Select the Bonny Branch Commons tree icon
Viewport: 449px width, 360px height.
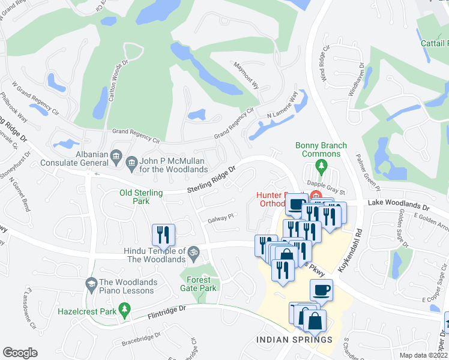(x=321, y=165)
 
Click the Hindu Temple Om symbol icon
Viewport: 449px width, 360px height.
(x=193, y=251)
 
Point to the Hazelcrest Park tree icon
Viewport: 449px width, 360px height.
(x=125, y=311)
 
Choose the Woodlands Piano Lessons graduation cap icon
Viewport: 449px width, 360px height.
(x=91, y=283)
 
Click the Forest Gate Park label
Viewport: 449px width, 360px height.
(x=199, y=284)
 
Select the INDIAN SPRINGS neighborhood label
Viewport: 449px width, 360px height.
(x=294, y=340)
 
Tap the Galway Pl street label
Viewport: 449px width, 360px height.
(x=220, y=218)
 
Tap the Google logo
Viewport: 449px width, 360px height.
(x=20, y=353)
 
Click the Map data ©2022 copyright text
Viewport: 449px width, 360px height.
(x=424, y=355)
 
